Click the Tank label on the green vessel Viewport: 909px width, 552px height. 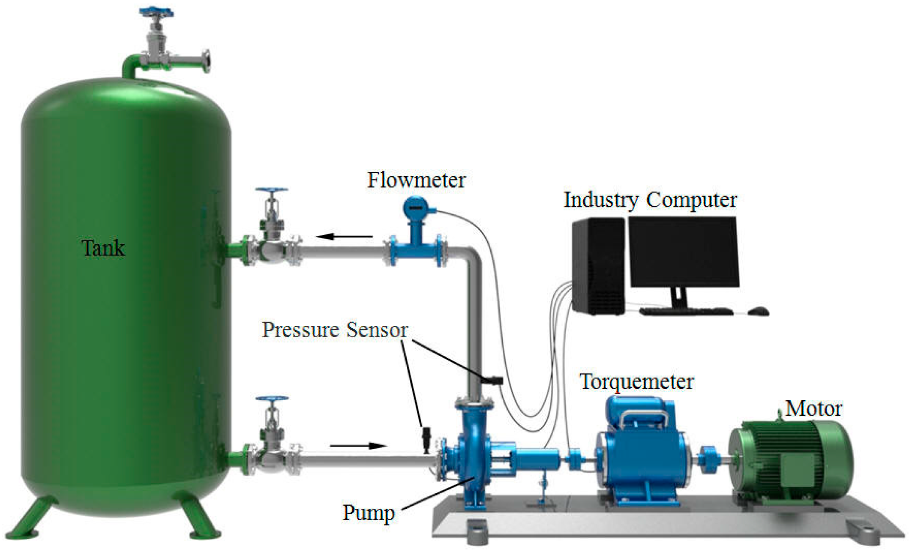pos(103,248)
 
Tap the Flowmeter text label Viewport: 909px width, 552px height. pos(416,180)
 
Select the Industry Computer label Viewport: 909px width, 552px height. pos(650,200)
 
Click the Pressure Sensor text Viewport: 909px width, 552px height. pos(335,330)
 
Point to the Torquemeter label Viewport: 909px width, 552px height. pos(636,381)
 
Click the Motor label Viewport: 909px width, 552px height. pos(813,408)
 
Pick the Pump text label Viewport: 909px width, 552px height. pos(368,513)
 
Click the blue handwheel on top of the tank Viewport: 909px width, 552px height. pos(156,12)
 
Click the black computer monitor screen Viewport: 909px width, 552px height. pos(684,252)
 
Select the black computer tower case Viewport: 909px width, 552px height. pos(598,266)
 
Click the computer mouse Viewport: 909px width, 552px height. pos(758,311)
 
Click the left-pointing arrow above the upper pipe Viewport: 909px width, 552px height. pos(344,236)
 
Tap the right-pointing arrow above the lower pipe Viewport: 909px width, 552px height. pos(358,446)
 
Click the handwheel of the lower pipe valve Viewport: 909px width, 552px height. pos(272,399)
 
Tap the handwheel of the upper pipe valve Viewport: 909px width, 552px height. pos(272,190)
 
